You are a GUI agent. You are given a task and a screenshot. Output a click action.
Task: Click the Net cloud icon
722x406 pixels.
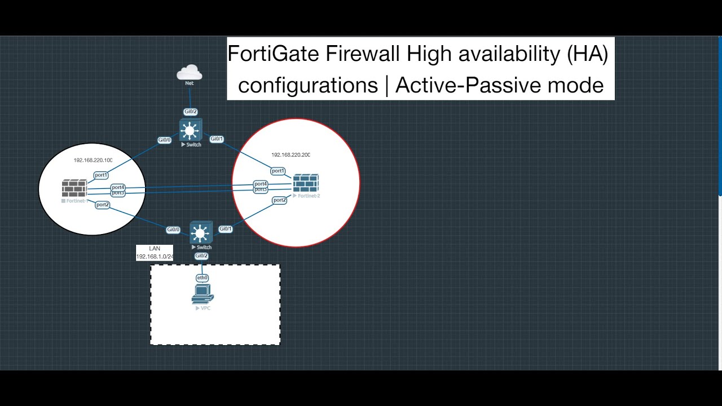tap(190, 73)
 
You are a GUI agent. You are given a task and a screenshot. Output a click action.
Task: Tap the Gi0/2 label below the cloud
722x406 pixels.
tap(191, 112)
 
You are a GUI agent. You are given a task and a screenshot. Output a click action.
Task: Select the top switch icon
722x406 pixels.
tap(191, 130)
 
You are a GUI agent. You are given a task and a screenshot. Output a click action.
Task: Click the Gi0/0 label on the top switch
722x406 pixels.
tap(164, 140)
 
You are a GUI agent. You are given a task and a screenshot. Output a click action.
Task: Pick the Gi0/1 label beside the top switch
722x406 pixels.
tap(217, 139)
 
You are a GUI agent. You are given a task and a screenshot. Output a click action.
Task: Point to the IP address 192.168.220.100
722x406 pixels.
tap(93, 160)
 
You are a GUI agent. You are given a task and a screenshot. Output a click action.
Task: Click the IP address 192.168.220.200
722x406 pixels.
tap(290, 155)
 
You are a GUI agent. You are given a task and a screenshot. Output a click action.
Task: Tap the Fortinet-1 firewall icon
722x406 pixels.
tap(74, 188)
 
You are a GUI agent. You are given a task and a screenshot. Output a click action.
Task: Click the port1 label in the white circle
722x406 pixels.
tap(101, 175)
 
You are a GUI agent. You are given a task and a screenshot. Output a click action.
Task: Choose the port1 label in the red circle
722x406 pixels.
tap(278, 171)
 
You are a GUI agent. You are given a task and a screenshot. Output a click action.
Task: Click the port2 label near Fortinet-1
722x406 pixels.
tap(103, 205)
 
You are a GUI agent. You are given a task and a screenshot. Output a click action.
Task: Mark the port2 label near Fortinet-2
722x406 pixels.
tap(279, 200)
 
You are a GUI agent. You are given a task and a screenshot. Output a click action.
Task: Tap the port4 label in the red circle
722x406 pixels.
tap(261, 184)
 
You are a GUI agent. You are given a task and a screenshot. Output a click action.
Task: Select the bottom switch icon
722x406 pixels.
tap(200, 232)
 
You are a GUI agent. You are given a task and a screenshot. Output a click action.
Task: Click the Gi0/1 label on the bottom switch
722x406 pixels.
tap(225, 229)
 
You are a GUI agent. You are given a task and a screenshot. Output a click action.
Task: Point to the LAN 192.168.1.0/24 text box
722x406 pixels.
tap(155, 253)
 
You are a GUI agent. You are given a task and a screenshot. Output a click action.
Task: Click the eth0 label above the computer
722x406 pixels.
tap(202, 278)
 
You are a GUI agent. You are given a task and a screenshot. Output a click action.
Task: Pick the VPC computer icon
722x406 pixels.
tap(202, 294)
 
